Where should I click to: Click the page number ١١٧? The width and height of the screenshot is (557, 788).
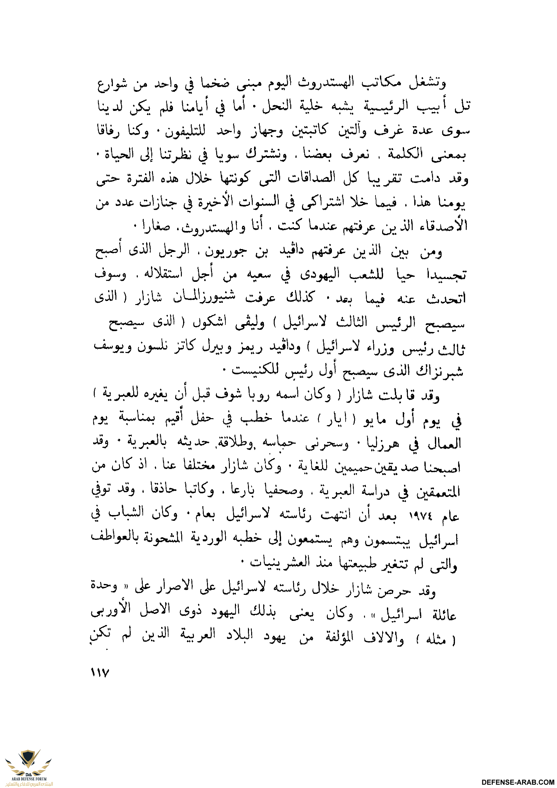coord(100,672)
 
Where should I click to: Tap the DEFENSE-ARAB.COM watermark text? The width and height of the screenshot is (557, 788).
coord(518,782)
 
